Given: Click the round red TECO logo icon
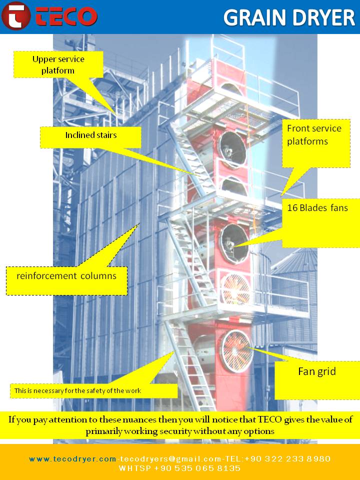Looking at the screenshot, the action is point(15,15).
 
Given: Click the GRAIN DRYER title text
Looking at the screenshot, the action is point(289,17).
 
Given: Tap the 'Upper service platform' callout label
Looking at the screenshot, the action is point(58,64).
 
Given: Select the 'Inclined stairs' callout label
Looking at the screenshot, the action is point(91,135).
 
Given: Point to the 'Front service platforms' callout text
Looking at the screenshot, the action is point(314,134).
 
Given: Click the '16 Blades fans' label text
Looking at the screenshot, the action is point(317,208).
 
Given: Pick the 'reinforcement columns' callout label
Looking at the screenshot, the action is point(66,276).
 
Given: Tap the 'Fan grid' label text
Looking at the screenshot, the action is point(317,371).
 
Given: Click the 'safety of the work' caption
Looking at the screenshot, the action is point(78,390).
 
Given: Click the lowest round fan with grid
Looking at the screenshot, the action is point(237,351).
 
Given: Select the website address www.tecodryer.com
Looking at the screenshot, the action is point(72,459).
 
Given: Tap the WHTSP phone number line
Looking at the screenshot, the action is point(179,468).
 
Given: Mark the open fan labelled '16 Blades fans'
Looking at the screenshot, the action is point(234,244).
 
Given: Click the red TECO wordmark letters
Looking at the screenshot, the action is point(66,16).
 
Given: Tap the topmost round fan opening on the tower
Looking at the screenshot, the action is point(231,89).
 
